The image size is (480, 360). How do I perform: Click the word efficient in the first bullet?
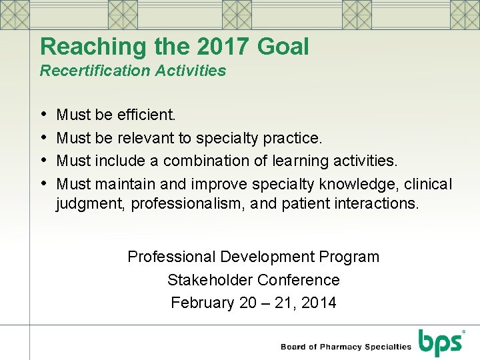coord(146,115)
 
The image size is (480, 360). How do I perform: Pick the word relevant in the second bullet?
coord(147,138)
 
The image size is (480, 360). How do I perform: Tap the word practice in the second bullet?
coord(293,138)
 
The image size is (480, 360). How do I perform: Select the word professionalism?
coord(189,203)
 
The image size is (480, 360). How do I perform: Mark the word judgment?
coord(89,203)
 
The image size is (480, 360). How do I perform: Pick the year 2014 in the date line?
coord(319,303)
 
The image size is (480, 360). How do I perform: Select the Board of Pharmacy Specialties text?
coord(346,347)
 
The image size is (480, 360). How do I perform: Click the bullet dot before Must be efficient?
coord(44,115)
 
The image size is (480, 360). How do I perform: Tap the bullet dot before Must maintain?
coord(44,183)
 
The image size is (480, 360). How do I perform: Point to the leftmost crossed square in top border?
coord(15,14)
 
